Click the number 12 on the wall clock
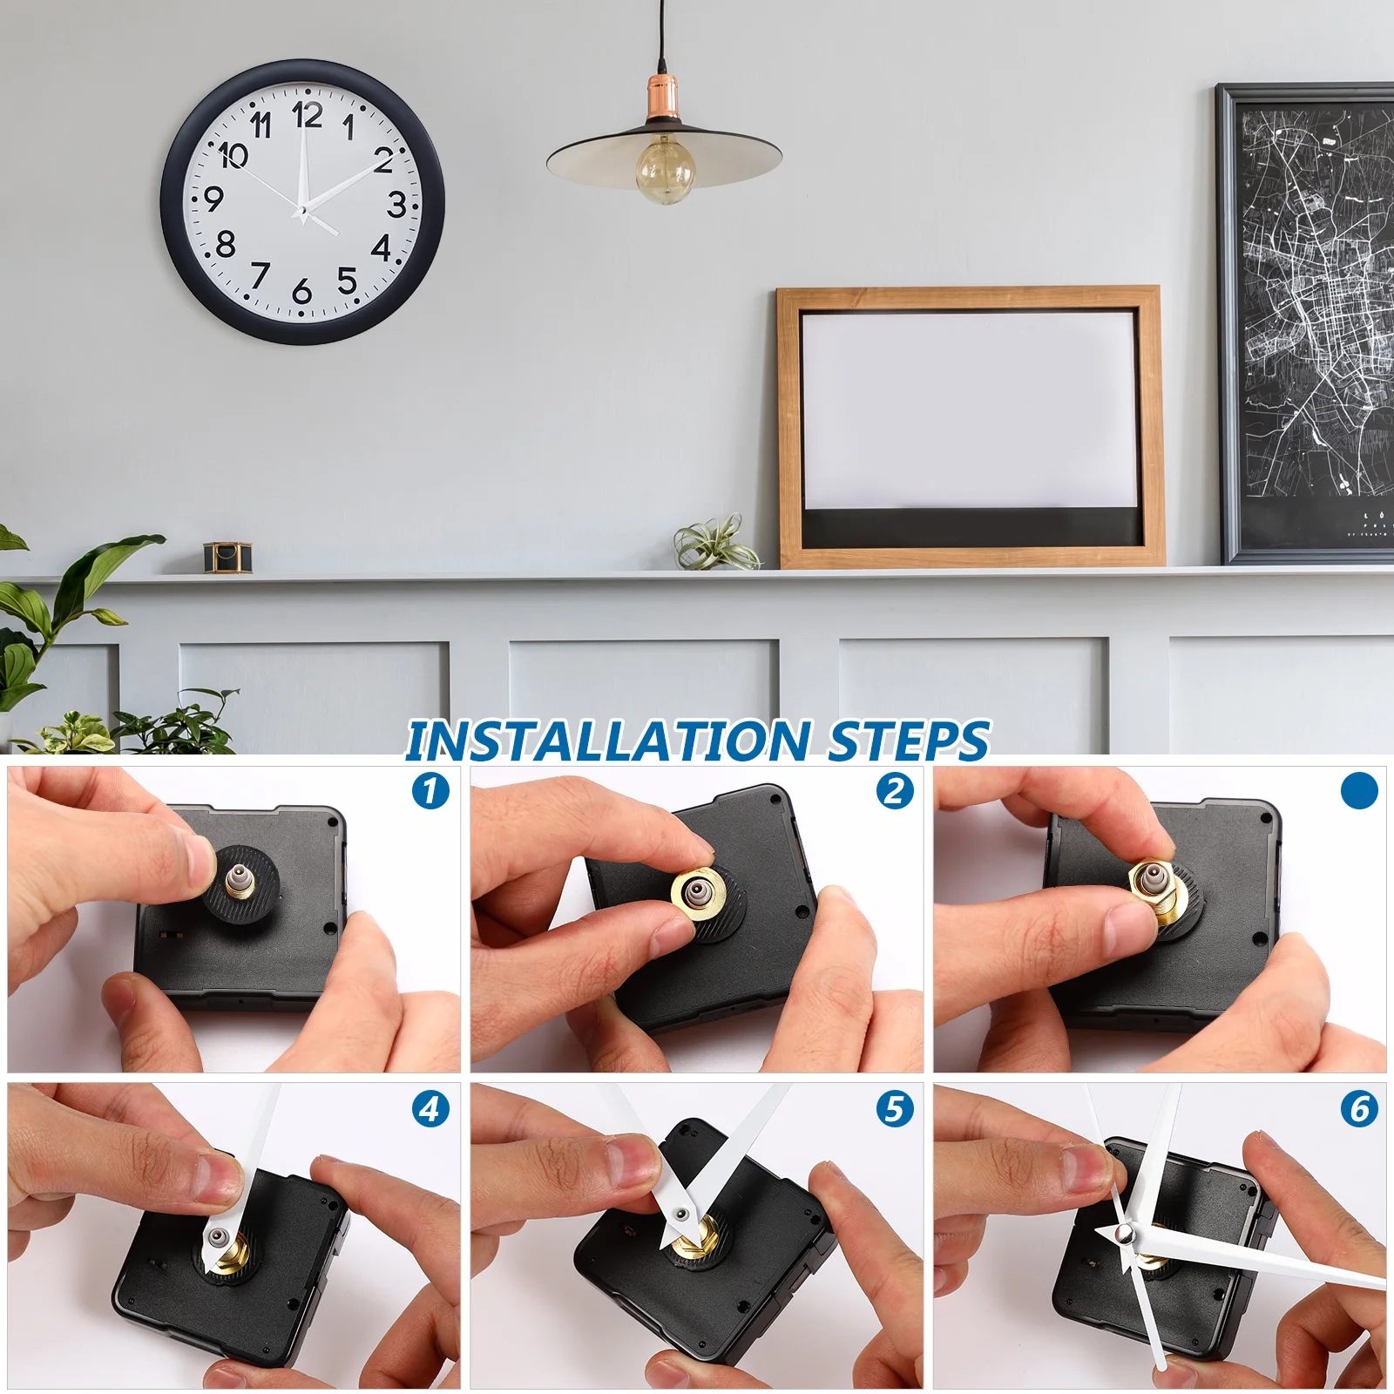pos(308,115)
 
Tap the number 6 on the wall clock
pos(302,290)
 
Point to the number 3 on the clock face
pos(396,204)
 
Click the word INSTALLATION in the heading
pos(608,741)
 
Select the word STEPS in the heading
pos(909,741)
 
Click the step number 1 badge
pos(430,791)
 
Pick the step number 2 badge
pos(895,791)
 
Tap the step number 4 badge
pos(430,1109)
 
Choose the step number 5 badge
pos(895,1109)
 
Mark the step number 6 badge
pos(1359,1109)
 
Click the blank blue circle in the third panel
pos(1359,790)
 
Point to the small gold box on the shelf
pos(228,557)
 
